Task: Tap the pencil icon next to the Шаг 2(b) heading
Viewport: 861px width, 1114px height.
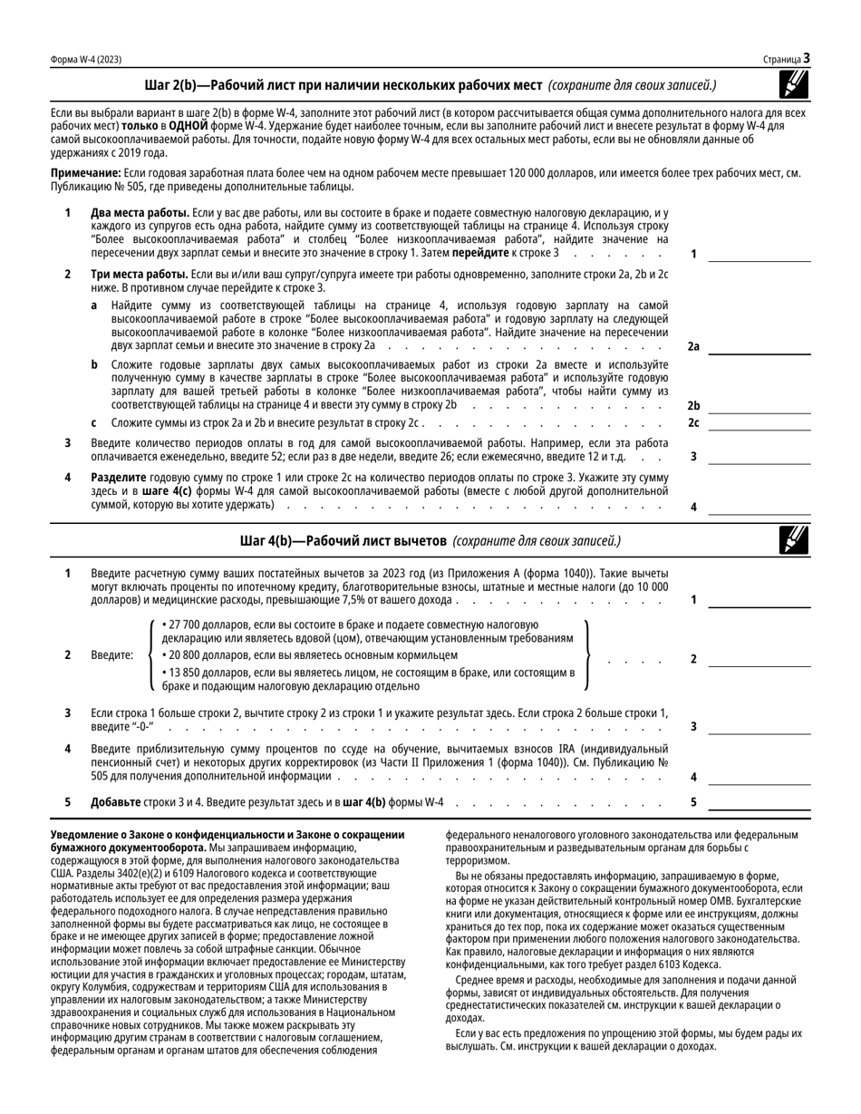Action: click(794, 84)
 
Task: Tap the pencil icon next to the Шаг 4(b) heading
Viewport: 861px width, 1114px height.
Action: click(794, 540)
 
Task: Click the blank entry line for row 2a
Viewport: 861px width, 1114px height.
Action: click(759, 346)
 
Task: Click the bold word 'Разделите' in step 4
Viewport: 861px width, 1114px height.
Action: click(122, 477)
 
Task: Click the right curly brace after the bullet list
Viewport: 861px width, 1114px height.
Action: click(589, 655)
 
